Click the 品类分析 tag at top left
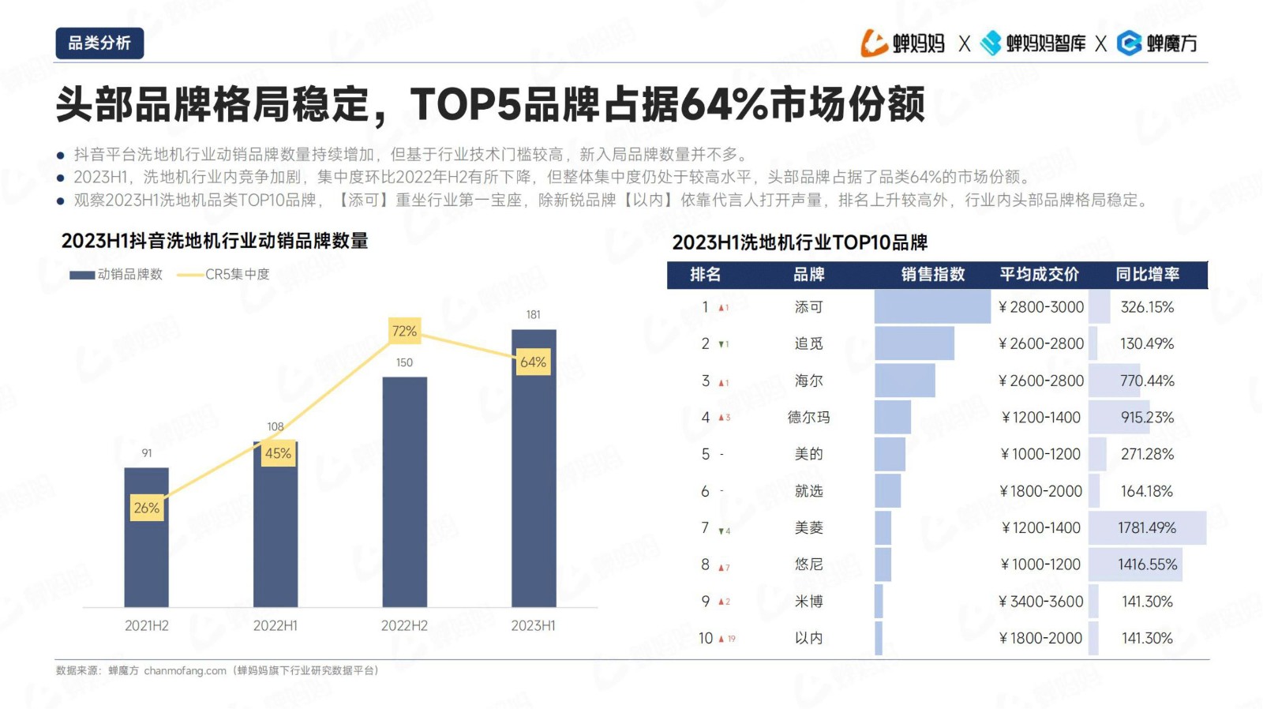point(99,43)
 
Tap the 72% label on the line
point(404,332)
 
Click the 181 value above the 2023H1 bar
point(534,315)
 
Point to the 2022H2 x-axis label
point(404,626)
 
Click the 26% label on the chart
point(147,508)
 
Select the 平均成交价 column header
point(1039,275)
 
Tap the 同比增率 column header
point(1147,275)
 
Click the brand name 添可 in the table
point(808,307)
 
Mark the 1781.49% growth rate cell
point(1147,528)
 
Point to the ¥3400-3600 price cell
point(1041,602)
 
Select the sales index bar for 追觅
point(914,344)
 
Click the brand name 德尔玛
point(808,418)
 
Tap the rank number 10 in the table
point(706,639)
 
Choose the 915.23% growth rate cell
point(1147,418)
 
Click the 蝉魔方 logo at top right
point(1158,43)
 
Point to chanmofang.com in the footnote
point(185,671)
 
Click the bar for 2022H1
point(275,529)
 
